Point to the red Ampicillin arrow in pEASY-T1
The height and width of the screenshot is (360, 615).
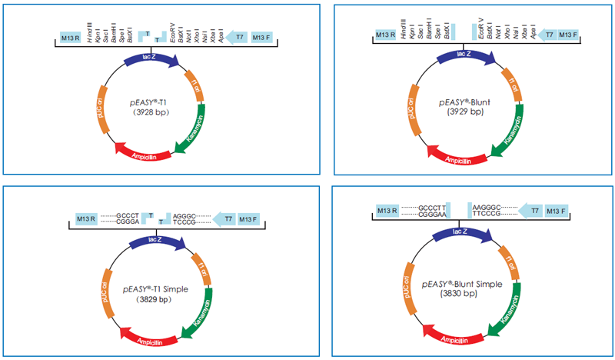143,152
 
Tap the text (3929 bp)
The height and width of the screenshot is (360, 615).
467,112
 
